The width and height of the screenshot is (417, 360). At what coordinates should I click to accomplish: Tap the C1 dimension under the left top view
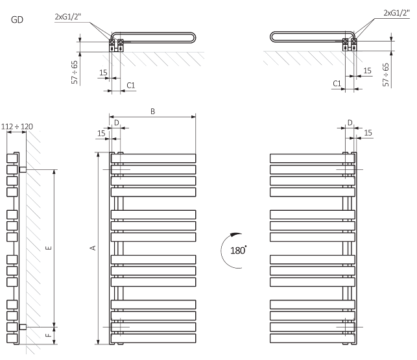click(x=130, y=85)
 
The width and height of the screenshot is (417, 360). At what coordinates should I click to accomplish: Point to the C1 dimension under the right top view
click(x=337, y=83)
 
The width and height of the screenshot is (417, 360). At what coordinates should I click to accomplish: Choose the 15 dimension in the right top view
click(x=367, y=71)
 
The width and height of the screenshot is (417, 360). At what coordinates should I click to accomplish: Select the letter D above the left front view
click(x=116, y=122)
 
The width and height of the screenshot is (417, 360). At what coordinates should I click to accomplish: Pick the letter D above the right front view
click(x=349, y=122)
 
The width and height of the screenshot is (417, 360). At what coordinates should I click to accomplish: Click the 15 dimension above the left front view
click(x=101, y=133)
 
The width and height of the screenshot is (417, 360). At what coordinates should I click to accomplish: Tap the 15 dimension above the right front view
click(x=367, y=133)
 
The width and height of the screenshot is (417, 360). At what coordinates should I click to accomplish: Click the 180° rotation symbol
click(x=234, y=249)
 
